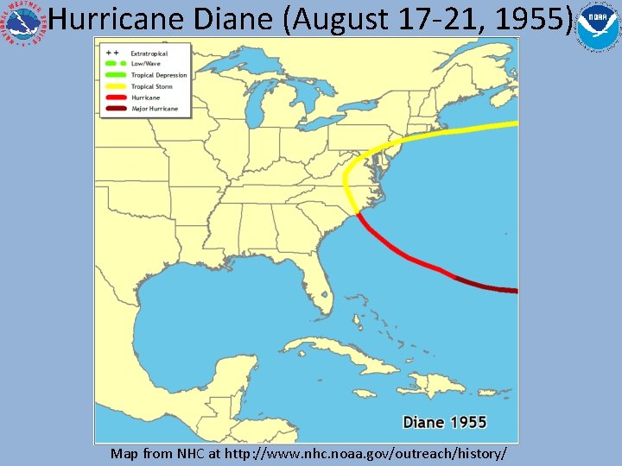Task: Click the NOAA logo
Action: [x=597, y=27]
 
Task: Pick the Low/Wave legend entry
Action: [x=144, y=65]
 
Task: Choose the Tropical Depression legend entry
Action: [x=158, y=76]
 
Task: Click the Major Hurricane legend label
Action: [x=155, y=109]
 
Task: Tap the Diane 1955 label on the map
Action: [x=444, y=423]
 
